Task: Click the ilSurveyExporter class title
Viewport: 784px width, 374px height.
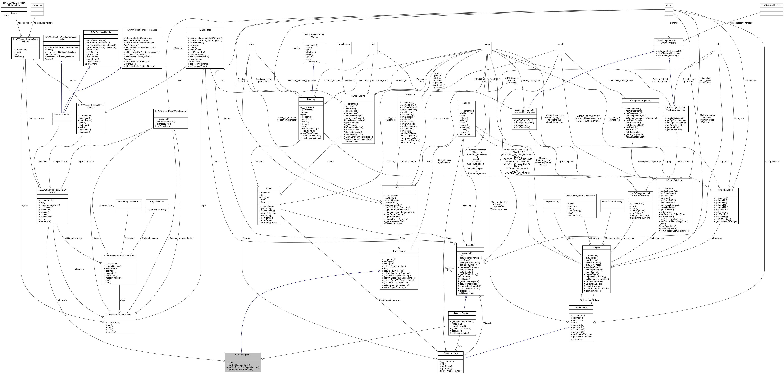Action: coord(243,354)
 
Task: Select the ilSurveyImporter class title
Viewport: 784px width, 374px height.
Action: coord(450,353)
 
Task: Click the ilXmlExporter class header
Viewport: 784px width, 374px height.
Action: coord(399,251)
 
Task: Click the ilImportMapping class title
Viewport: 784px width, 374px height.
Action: coord(725,190)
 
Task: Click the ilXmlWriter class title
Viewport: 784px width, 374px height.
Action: coord(410,95)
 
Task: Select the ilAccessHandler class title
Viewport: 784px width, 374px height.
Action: coord(61,115)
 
